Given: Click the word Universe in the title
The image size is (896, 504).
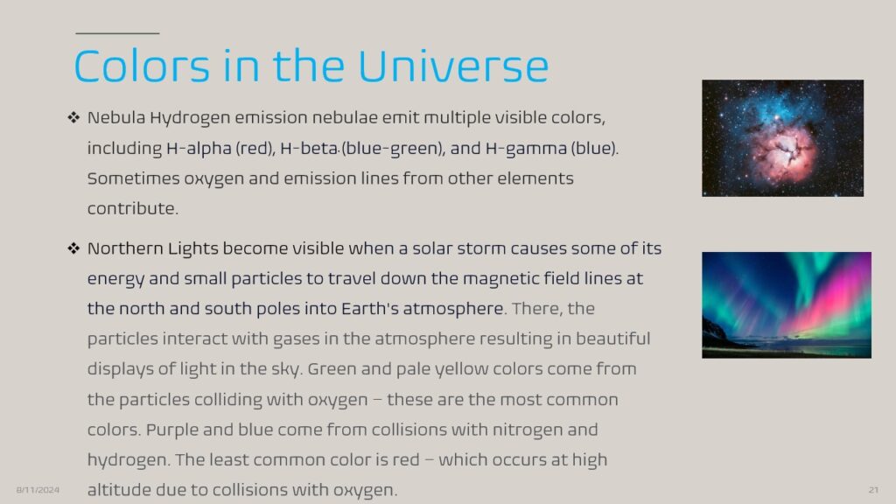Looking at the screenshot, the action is (453, 66).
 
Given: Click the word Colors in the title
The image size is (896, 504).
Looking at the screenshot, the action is (143, 66).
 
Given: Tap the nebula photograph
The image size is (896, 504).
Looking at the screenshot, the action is (782, 138).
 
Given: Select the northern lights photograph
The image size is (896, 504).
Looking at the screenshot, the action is (787, 305).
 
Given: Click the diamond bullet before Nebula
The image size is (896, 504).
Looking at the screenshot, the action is (73, 118).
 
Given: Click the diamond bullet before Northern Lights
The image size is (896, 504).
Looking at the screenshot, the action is (73, 248).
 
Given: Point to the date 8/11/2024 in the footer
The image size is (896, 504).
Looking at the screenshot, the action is (38, 490).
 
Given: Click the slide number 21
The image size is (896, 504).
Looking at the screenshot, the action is (874, 490).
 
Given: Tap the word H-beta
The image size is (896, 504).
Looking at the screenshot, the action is (309, 149).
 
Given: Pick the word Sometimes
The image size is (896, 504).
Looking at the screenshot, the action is (134, 178).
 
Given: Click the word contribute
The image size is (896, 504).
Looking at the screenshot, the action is (133, 208).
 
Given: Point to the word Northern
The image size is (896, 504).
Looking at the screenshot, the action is (125, 248).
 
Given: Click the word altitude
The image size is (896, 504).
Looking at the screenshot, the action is (119, 490).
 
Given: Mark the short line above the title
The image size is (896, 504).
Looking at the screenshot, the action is (117, 34).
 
